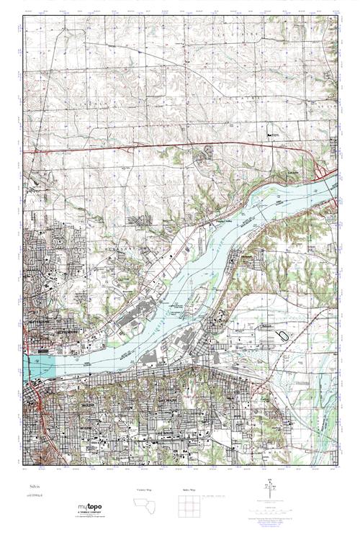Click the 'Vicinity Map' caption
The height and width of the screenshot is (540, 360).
point(144,490)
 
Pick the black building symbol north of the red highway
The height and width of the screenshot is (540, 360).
point(271,135)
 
